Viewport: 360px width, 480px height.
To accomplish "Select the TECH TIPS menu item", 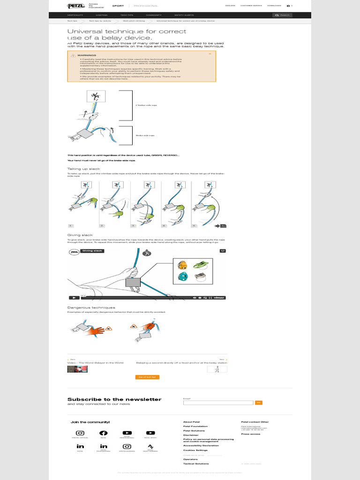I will coord(127,15).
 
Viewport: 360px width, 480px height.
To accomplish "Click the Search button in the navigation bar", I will coord(283,15).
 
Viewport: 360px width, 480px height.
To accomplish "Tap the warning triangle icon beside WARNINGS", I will coord(73,55).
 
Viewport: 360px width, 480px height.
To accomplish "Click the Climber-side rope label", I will coord(146,105).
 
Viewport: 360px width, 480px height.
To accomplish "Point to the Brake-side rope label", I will coord(145,135).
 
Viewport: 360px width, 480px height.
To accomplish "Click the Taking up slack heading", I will coord(84,169).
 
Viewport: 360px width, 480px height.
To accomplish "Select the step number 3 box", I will coord(133,225).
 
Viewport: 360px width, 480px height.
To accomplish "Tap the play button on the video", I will coord(74,297).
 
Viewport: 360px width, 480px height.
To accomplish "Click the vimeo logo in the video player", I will coord(219,297).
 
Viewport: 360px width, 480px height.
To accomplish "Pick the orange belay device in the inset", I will coord(183,265).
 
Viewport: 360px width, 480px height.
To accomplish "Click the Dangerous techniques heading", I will coord(91,307).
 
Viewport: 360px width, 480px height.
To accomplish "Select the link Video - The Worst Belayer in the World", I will coord(96,362).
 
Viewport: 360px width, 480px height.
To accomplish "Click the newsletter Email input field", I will coord(218,403).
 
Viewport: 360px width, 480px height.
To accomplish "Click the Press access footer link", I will coord(251,434).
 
